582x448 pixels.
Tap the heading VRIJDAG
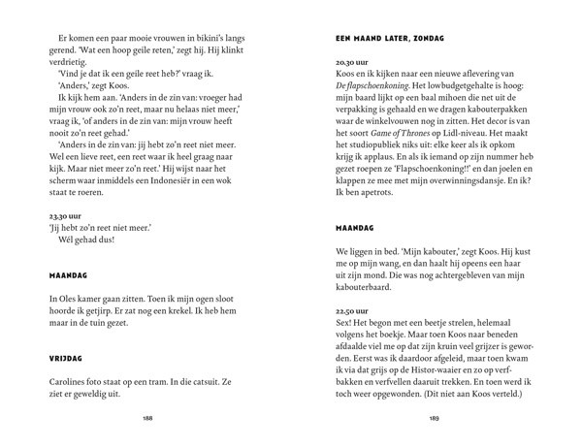pyautogui.click(x=66, y=357)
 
